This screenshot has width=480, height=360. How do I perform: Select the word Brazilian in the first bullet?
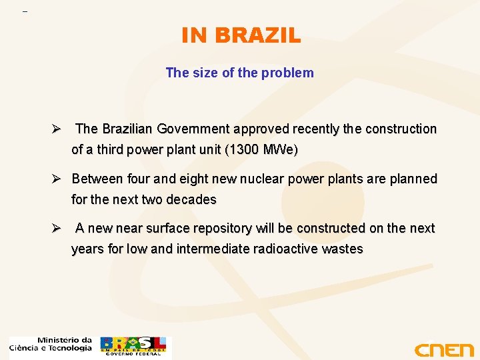coord(131,129)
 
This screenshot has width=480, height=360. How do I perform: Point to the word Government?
coord(198,129)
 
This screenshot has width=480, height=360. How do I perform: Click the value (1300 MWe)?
coord(262,150)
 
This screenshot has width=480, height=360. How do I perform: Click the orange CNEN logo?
coord(443,349)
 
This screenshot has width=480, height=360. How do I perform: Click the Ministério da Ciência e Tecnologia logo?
coord(51,344)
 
